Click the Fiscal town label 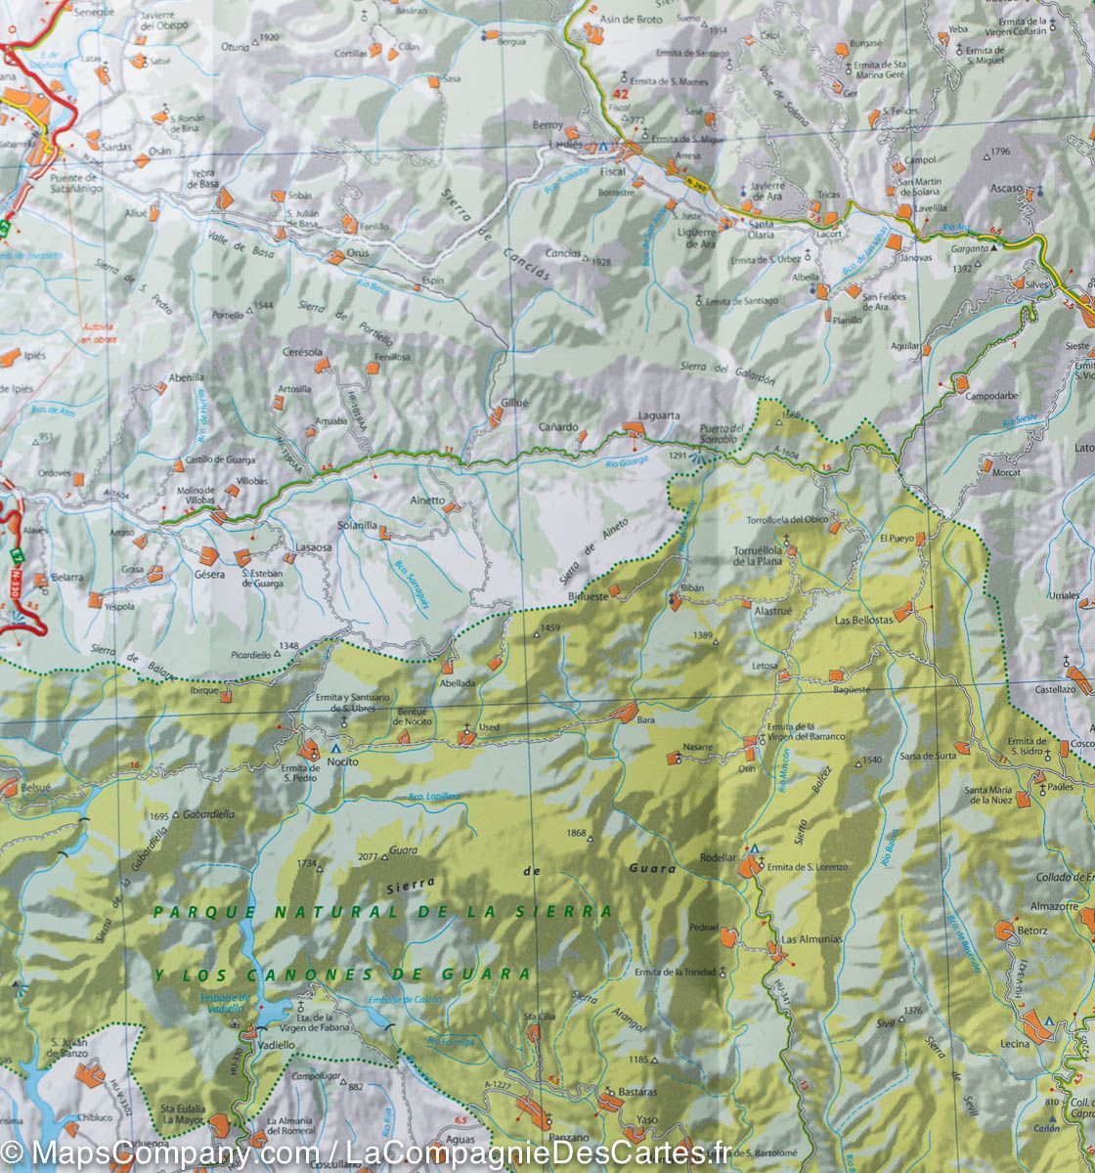point(613,169)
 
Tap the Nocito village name point(342,761)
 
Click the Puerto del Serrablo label point(723,435)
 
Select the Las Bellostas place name point(863,620)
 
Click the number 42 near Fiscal point(619,95)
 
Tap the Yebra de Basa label point(202,178)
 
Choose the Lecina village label point(1015,1044)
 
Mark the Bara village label point(645,720)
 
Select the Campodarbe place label point(992,397)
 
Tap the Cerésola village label point(301,352)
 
